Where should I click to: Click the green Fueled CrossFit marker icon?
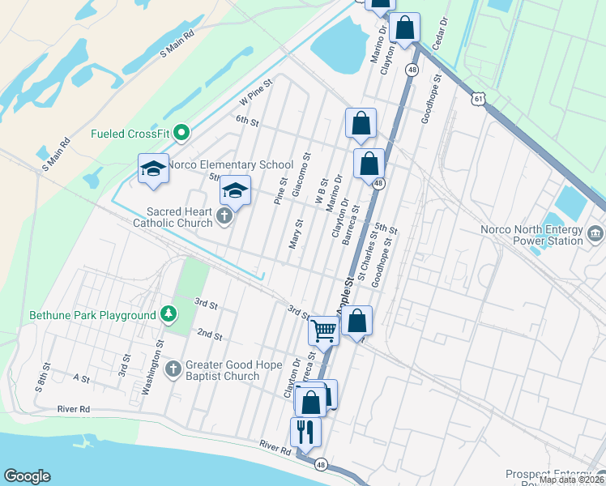pyautogui.click(x=182, y=133)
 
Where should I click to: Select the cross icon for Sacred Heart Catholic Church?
pyautogui.click(x=225, y=217)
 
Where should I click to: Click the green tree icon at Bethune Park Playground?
pyautogui.click(x=168, y=314)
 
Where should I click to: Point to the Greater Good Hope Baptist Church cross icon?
pyautogui.click(x=173, y=370)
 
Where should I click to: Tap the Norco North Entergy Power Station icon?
pyautogui.click(x=595, y=235)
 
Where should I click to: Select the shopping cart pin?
pyautogui.click(x=323, y=330)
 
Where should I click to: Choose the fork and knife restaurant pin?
pyautogui.click(x=305, y=431)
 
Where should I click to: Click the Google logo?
pyautogui.click(x=27, y=476)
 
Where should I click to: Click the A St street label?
pyautogui.click(x=81, y=378)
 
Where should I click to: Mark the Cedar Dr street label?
pyautogui.click(x=442, y=32)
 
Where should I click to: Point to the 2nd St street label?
pyautogui.click(x=209, y=335)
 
